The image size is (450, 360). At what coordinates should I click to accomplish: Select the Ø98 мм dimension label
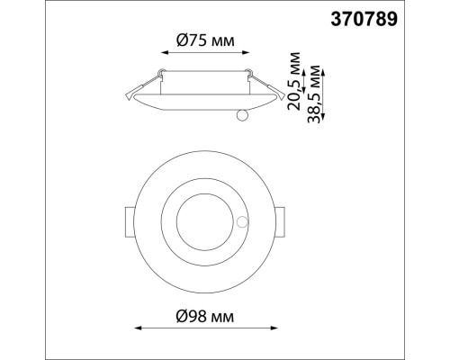(203, 316)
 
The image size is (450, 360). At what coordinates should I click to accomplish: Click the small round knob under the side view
(240, 116)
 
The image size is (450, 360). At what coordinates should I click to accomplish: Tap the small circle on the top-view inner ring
(241, 221)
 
